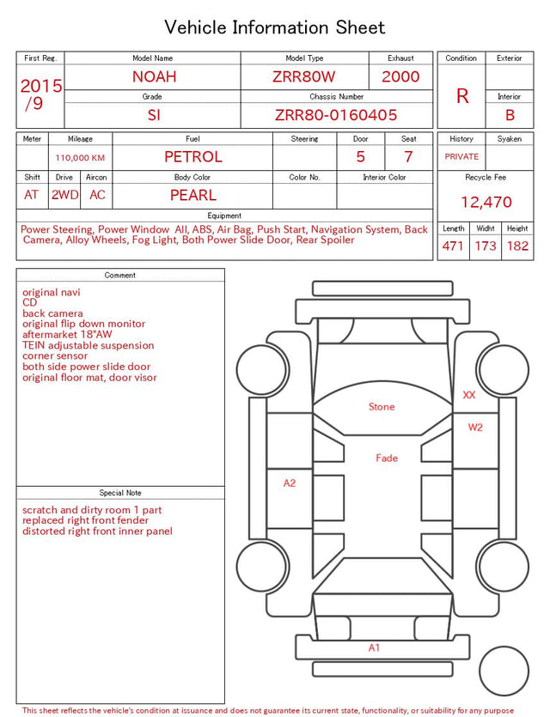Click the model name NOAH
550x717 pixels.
click(x=154, y=76)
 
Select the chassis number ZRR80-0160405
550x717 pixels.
click(x=336, y=115)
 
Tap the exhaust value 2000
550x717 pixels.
click(x=400, y=76)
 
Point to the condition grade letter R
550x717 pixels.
click(x=462, y=96)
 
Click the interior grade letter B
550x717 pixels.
click(x=510, y=115)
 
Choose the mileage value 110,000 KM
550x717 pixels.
click(x=80, y=158)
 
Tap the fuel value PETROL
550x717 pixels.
click(x=193, y=157)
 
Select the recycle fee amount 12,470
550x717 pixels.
click(x=486, y=202)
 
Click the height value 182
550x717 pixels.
click(x=517, y=246)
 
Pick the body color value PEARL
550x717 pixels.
click(x=193, y=195)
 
